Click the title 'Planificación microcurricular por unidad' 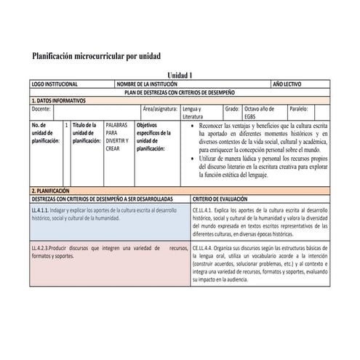click(96, 56)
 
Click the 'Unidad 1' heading click(180, 76)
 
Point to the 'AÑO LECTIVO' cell click(288, 84)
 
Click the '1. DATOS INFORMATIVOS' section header click(59, 100)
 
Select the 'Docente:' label click(41, 108)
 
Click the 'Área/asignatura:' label click(161, 108)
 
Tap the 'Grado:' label click(232, 108)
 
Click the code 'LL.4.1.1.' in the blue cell click(44, 209)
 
